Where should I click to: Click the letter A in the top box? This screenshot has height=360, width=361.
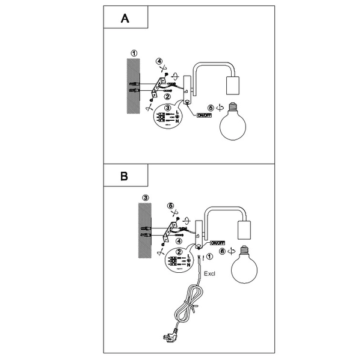[x=125, y=19]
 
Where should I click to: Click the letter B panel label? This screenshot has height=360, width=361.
[x=125, y=177]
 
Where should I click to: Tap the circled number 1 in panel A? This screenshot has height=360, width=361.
[x=134, y=53]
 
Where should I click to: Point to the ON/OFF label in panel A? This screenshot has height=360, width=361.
[x=205, y=114]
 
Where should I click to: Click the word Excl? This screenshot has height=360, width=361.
[x=209, y=274]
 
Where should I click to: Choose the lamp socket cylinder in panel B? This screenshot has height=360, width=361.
[x=245, y=229]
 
